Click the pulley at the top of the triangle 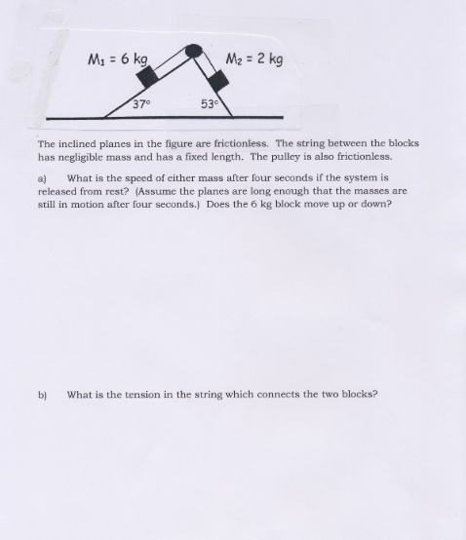tap(192, 49)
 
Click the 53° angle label tap(210, 104)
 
